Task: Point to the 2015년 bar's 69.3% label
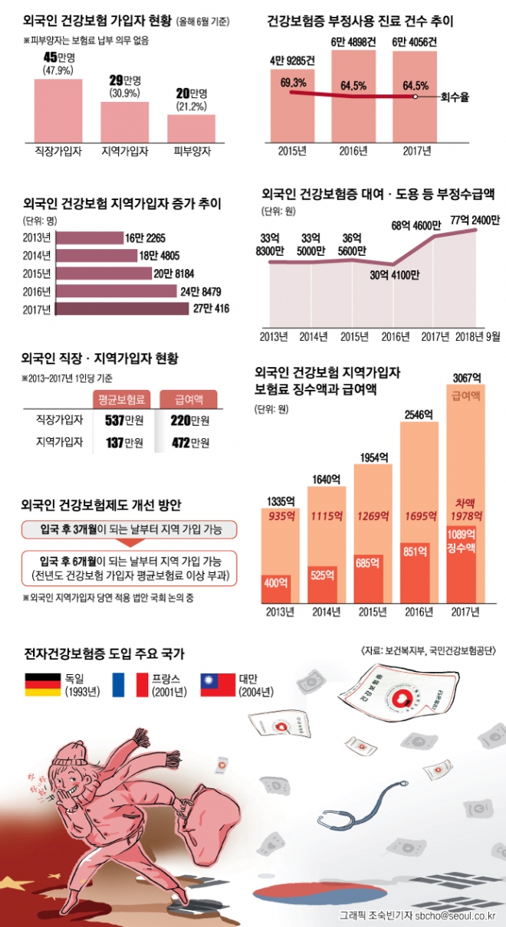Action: point(293,81)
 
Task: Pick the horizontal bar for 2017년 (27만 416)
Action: point(123,309)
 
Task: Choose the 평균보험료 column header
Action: point(123,399)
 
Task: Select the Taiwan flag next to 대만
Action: point(215,685)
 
